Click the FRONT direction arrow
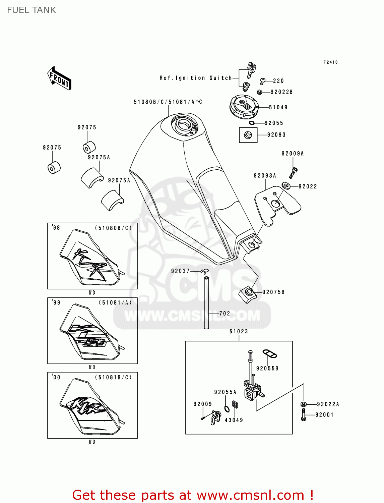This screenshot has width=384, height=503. pos(59,78)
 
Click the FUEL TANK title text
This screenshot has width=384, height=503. pos(31,10)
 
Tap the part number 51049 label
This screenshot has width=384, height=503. pos(278,107)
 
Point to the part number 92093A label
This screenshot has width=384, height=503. pos(265,176)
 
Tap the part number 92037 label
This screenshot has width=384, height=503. pos(180,271)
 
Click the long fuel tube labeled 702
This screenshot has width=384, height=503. pos(206,302)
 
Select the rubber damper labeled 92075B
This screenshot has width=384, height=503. pos(248,294)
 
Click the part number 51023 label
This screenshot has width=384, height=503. pos(239,331)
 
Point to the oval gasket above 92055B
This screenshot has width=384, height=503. pos(269,353)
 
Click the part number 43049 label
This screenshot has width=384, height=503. pos(234,420)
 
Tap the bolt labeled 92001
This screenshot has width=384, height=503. pos(304,415)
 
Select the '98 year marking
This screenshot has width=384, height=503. pos(56,228)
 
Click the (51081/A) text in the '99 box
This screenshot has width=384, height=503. pos(115,302)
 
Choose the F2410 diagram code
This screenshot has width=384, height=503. pos(330,62)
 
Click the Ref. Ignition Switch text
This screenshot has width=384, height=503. pos(196,78)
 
